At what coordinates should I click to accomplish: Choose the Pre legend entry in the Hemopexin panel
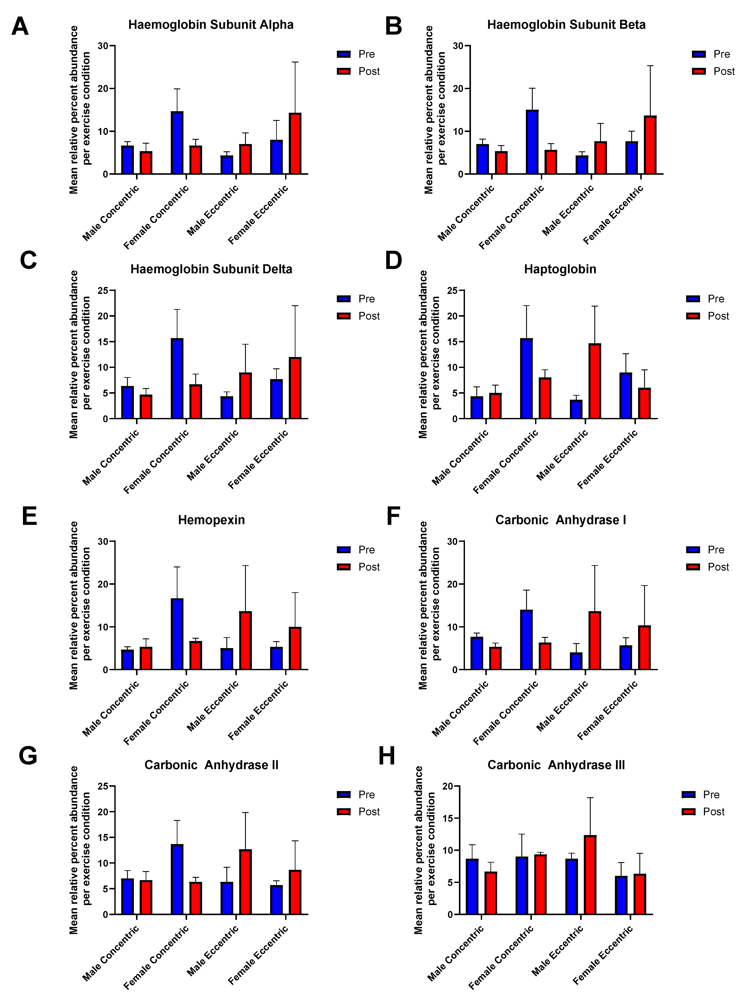(x=356, y=550)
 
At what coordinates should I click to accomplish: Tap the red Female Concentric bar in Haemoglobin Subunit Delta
(x=196, y=402)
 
